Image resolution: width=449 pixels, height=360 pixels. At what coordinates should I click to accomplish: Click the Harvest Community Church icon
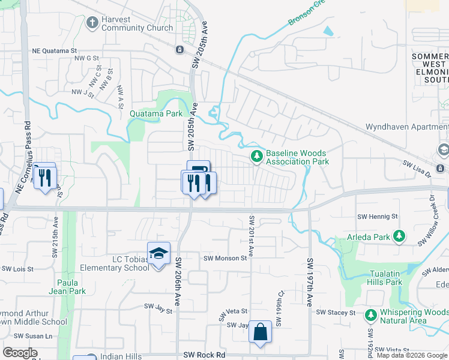click(x=92, y=23)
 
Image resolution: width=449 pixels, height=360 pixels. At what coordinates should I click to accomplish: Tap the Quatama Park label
click(x=157, y=113)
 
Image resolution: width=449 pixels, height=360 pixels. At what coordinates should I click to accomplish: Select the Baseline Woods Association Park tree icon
click(x=257, y=157)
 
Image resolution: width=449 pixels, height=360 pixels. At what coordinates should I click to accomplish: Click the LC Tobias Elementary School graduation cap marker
click(x=159, y=254)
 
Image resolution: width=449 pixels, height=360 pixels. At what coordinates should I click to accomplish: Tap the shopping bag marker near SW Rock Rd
click(x=261, y=331)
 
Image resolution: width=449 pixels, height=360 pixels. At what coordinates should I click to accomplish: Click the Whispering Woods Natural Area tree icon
click(x=370, y=314)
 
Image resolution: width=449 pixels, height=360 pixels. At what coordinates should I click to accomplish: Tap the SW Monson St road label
click(x=225, y=259)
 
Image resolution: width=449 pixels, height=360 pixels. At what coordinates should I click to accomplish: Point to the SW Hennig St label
click(x=378, y=216)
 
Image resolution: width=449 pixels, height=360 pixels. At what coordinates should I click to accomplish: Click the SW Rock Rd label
click(x=204, y=355)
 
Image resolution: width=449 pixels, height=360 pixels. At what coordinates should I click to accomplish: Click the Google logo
click(x=20, y=353)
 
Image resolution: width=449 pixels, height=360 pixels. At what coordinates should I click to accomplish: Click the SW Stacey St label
click(x=336, y=313)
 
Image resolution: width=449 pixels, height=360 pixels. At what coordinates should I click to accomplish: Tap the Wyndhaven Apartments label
click(x=407, y=128)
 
